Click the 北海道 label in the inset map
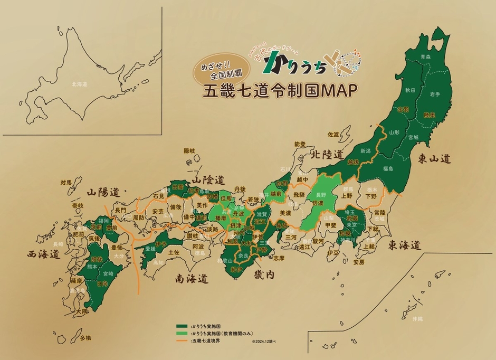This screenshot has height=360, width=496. tap(80, 84)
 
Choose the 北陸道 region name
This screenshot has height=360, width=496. tap(327, 155)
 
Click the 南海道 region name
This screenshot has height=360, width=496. tap(191, 278)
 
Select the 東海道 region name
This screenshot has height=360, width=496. tap(405, 245)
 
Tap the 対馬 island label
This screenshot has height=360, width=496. tap(66, 183)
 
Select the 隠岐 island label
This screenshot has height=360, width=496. tap(189, 151)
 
